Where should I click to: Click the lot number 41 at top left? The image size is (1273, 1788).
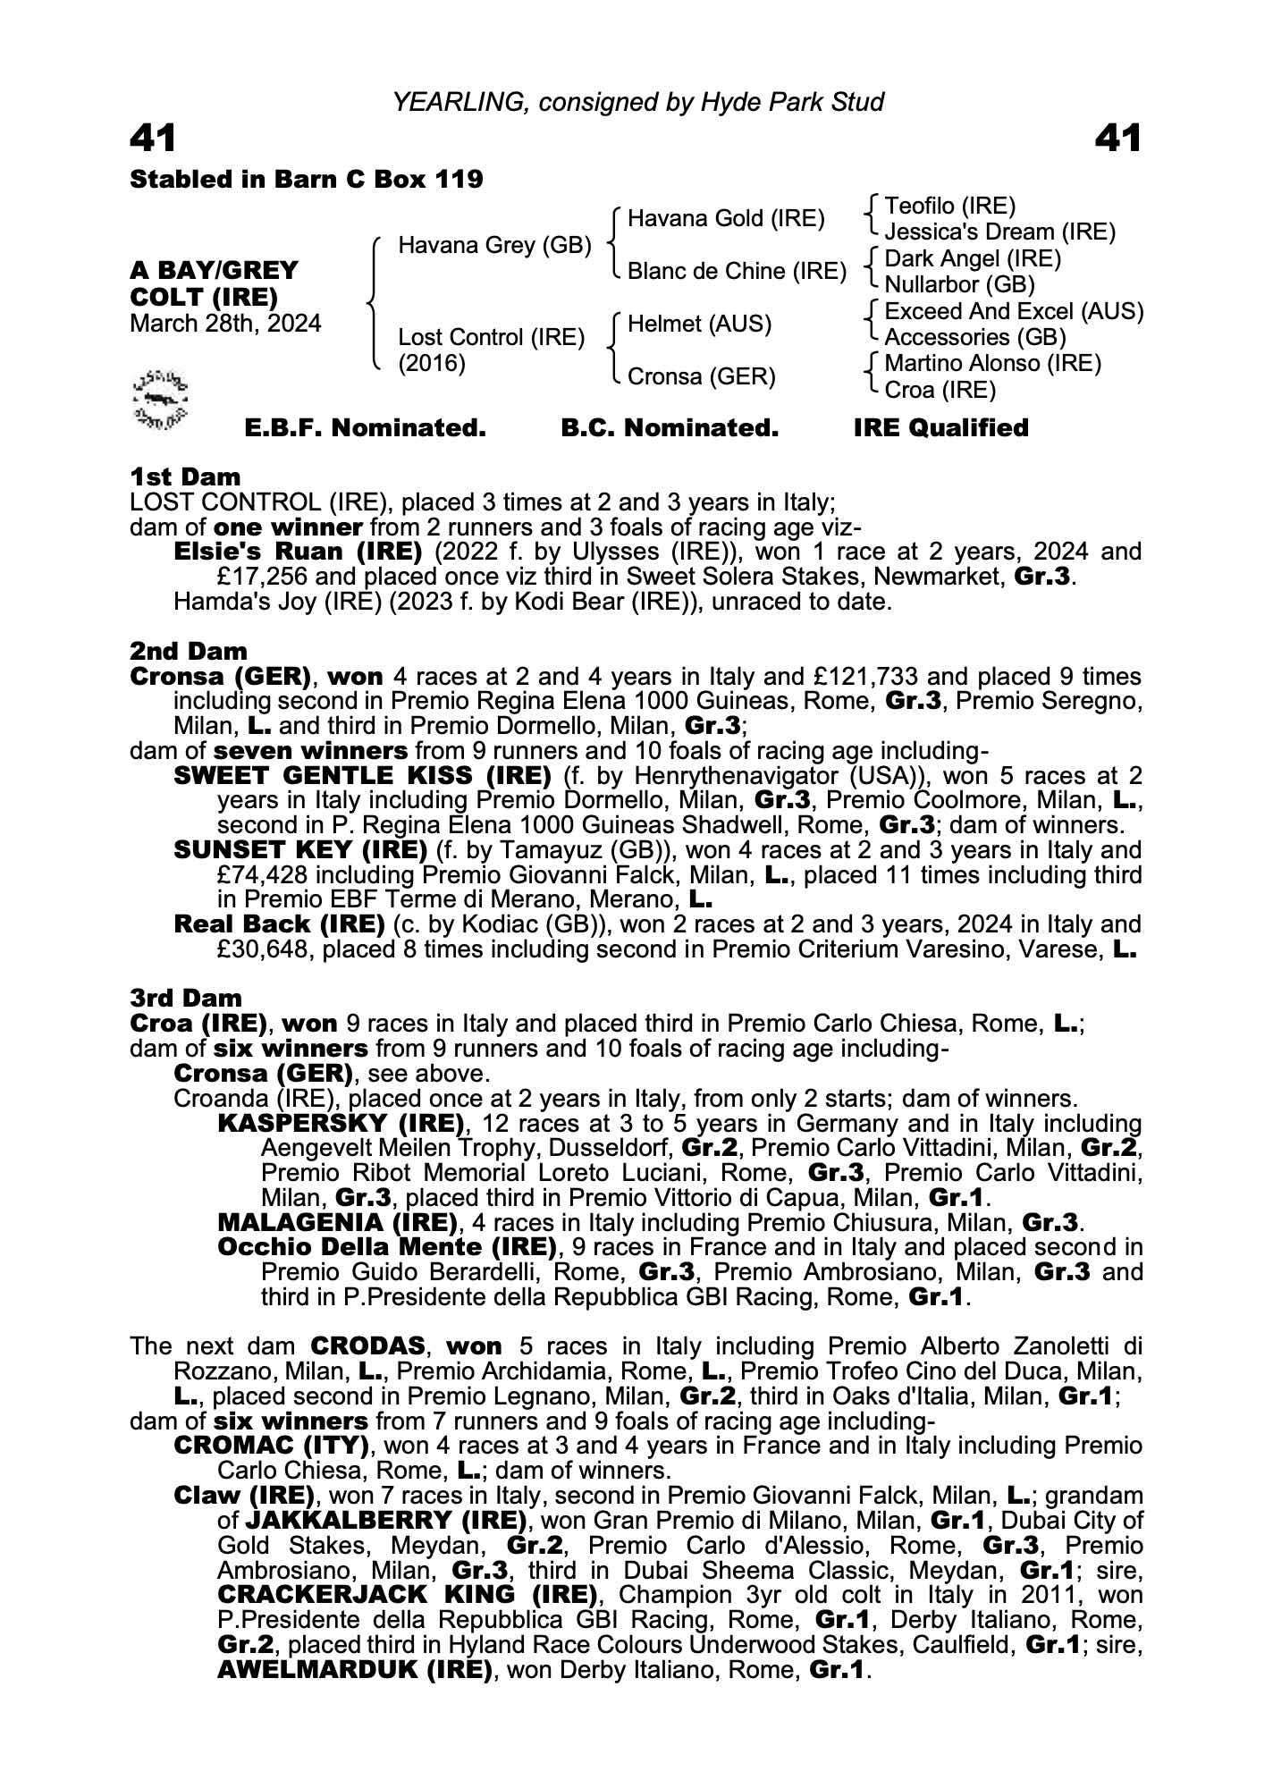pos(153,139)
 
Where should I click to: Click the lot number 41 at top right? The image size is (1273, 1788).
pos(1117,139)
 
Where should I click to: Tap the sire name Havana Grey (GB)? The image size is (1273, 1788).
pos(494,245)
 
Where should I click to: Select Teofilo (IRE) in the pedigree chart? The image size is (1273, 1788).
pos(949,207)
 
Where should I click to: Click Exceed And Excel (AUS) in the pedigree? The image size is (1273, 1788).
pos(1014,311)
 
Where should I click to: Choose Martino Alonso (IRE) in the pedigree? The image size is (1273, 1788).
pos(992,363)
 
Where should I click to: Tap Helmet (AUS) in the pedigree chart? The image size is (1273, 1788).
pos(699,324)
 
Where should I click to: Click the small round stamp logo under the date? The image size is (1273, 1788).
pos(160,397)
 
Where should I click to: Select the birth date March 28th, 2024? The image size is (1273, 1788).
pos(225,323)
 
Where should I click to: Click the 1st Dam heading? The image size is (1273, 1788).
pos(185,477)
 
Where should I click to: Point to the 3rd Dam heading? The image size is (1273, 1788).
pos(186,998)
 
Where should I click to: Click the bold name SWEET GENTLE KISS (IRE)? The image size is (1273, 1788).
pos(362,775)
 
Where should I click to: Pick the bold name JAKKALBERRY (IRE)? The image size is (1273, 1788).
pos(385,1520)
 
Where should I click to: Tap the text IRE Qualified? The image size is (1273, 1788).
pos(940,428)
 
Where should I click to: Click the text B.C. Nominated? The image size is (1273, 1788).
pos(670,428)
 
